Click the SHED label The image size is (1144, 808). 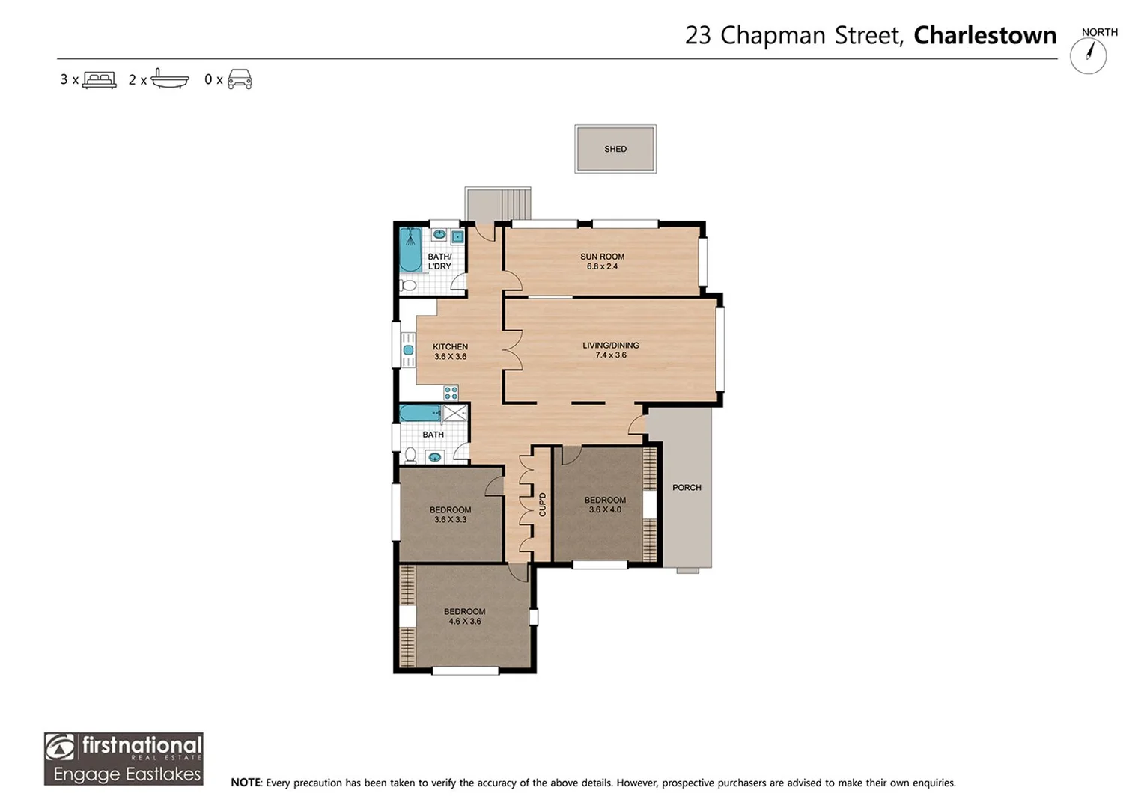tap(615, 149)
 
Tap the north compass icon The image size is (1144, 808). tap(1088, 55)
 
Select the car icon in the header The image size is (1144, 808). tap(240, 79)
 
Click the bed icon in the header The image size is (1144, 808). tap(99, 80)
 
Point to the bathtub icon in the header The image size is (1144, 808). tap(169, 79)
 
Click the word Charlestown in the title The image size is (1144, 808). tap(985, 36)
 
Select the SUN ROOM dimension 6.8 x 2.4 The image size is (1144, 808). tap(602, 266)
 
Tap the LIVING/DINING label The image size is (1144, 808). tap(610, 346)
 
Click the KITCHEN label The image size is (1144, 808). tap(450, 347)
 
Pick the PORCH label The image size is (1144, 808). tap(687, 488)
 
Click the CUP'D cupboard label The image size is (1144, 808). tap(542, 504)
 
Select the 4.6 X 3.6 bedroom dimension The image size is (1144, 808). tap(464, 622)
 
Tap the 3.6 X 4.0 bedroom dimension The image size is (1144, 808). tap(605, 510)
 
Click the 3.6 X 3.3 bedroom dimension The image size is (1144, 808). tap(450, 520)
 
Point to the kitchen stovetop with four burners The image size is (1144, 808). tap(451, 393)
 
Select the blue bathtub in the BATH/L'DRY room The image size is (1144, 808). tap(410, 250)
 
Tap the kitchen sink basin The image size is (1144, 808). tap(408, 350)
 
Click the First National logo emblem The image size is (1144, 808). tap(60, 747)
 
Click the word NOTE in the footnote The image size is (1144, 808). tap(246, 783)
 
